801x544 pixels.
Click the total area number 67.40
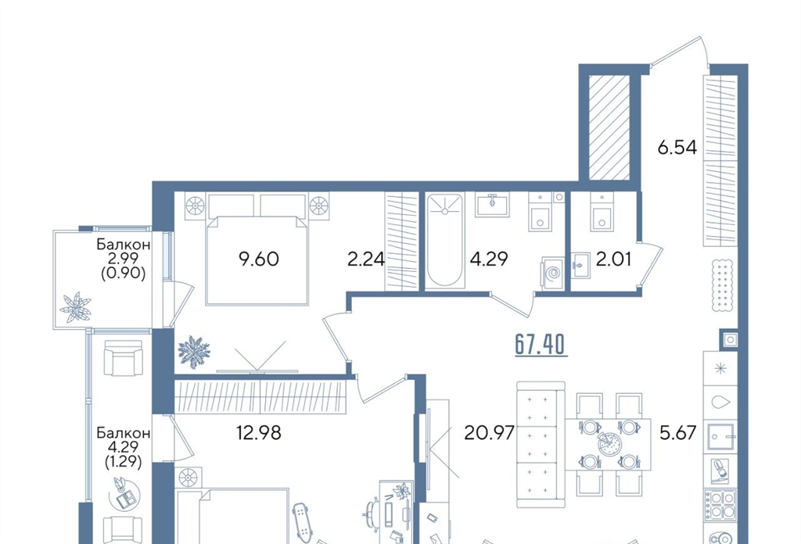pyautogui.click(x=541, y=345)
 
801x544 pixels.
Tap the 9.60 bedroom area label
pyautogui.click(x=259, y=259)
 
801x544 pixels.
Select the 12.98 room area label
pyautogui.click(x=258, y=433)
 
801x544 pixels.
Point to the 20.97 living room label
pyautogui.click(x=489, y=433)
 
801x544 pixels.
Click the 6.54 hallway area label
pyautogui.click(x=677, y=148)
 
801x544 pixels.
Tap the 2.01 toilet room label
pyautogui.click(x=614, y=259)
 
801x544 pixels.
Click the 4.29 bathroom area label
pyautogui.click(x=489, y=259)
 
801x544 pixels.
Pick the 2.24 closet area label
pyautogui.click(x=366, y=259)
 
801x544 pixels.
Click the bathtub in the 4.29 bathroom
pyautogui.click(x=445, y=241)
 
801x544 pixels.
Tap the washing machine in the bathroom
pyautogui.click(x=553, y=274)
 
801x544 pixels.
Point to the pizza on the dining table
pyautogui.click(x=607, y=444)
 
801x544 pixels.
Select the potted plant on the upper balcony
pyautogui.click(x=76, y=306)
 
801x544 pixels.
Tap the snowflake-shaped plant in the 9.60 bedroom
pyautogui.click(x=194, y=353)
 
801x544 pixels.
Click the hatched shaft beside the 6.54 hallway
pyautogui.click(x=609, y=127)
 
